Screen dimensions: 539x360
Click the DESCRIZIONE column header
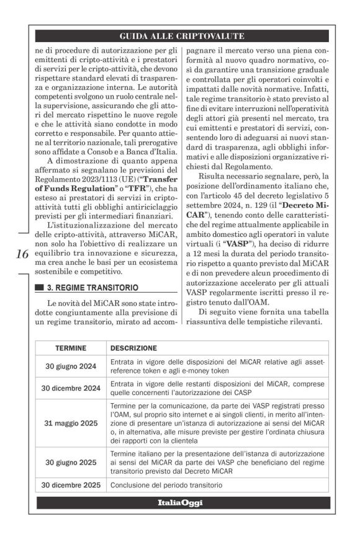(x=133, y=348)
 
